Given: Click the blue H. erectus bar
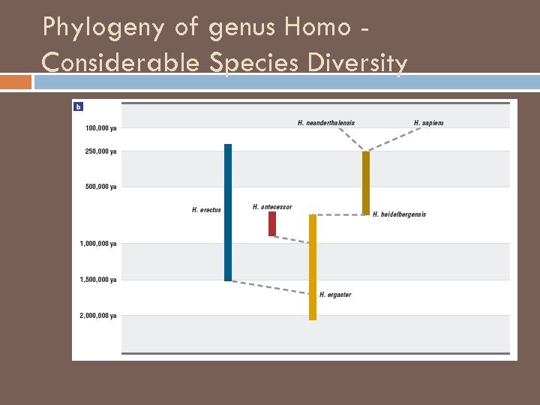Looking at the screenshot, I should point(228,212).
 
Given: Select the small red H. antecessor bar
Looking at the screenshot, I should point(272,223).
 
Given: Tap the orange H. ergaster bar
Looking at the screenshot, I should point(313,267).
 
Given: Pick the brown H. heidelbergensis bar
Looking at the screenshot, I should point(366,183).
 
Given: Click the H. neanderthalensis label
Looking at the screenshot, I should point(326,123).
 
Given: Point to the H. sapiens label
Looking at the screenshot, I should point(428,123).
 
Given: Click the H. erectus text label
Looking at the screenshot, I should point(206,210).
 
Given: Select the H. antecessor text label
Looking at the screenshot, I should point(272,207).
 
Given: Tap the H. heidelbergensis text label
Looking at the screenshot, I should point(399,214).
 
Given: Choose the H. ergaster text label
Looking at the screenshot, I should point(335,295).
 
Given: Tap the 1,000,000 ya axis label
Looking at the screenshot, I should point(98,244).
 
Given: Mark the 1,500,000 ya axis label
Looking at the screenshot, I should point(98,280).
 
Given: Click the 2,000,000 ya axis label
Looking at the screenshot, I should point(98,316).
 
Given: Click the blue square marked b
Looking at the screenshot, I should point(78,106).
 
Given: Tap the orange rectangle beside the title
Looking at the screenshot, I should point(16,80).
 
